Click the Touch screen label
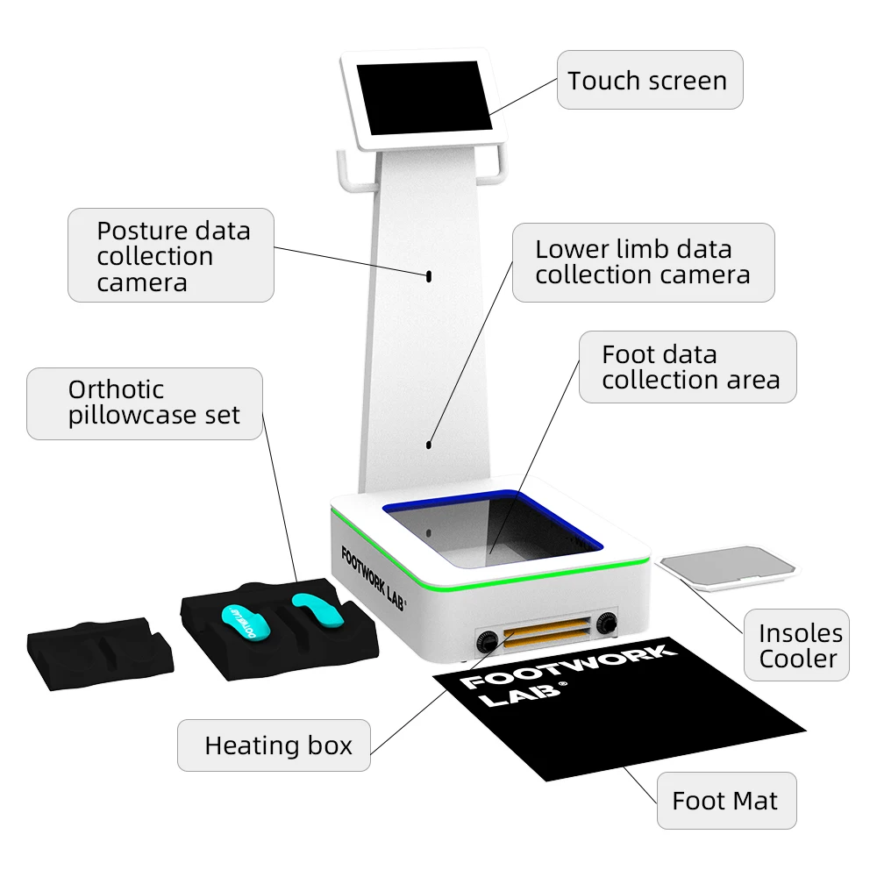647,81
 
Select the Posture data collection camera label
172,256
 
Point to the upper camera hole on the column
429,275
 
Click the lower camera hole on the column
429,444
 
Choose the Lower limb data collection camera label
642,262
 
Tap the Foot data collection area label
689,367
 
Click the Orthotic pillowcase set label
146,403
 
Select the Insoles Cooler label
799,645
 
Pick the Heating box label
277,745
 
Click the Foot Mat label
724,800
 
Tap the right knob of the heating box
605,624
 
